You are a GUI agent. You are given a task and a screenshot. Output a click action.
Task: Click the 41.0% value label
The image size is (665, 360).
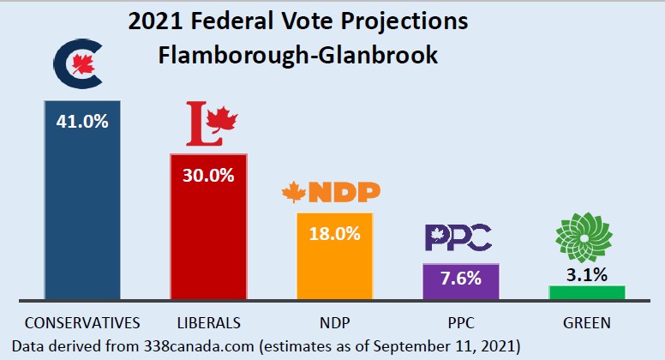click(82, 121)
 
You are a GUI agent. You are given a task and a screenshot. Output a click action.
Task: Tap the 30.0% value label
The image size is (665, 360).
click(208, 175)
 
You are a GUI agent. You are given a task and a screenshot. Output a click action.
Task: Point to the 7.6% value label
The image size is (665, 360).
click(461, 278)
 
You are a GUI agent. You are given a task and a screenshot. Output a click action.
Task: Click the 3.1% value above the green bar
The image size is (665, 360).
click(587, 275)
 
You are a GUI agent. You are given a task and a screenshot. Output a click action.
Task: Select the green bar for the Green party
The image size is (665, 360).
click(587, 292)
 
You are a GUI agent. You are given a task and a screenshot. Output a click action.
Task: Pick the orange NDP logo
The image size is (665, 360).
click(332, 193)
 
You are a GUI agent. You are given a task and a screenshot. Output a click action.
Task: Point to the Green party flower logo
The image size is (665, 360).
click(586, 235)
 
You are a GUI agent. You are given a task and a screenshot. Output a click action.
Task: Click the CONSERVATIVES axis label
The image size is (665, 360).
click(82, 323)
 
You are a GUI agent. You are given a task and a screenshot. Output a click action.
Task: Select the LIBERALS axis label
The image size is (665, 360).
click(208, 323)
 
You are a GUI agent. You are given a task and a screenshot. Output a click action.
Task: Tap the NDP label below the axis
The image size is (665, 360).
click(334, 323)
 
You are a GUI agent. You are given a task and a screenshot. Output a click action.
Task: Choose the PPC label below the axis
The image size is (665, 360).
click(461, 323)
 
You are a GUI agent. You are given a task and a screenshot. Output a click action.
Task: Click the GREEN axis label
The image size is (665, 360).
click(587, 323)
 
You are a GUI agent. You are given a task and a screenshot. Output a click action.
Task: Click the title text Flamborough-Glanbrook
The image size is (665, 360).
click(298, 56)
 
